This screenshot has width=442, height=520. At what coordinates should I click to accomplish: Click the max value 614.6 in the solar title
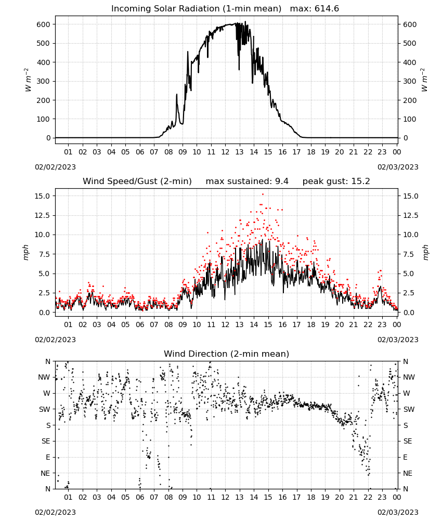pyautogui.click(x=327, y=9)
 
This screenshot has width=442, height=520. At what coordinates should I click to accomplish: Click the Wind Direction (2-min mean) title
pyautogui.click(x=227, y=354)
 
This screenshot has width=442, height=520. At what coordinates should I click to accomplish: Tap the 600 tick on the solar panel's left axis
pyautogui.click(x=44, y=24)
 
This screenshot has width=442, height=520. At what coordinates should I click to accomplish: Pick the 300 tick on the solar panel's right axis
pyautogui.click(x=410, y=81)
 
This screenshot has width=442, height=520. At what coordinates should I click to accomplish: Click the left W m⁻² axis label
pyautogui.click(x=28, y=80)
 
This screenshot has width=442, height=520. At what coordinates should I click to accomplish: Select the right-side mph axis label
pyautogui.click(x=425, y=252)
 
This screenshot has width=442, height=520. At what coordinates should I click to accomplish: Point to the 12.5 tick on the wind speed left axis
pyautogui.click(x=43, y=216)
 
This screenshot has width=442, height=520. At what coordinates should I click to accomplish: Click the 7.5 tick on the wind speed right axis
pyautogui.click(x=409, y=254)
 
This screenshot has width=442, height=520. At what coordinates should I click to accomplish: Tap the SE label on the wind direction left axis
pyautogui.click(x=46, y=441)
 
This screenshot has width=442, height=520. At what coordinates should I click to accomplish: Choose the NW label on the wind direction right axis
pyautogui.click(x=409, y=377)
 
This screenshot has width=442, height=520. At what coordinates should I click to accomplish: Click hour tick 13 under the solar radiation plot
pyautogui.click(x=239, y=152)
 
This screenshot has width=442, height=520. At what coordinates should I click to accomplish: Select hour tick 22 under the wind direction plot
pyautogui.click(x=368, y=497)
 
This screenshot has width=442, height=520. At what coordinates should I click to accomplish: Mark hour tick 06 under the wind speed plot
pyautogui.click(x=140, y=324)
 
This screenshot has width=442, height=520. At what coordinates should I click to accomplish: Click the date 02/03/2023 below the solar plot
pyautogui.click(x=398, y=167)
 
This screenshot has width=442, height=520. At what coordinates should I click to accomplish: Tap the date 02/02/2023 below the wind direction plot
pyautogui.click(x=55, y=512)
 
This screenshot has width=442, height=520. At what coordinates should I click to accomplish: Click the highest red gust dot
pyautogui.click(x=263, y=194)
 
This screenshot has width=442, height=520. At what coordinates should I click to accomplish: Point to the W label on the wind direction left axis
pyautogui.click(x=47, y=393)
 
